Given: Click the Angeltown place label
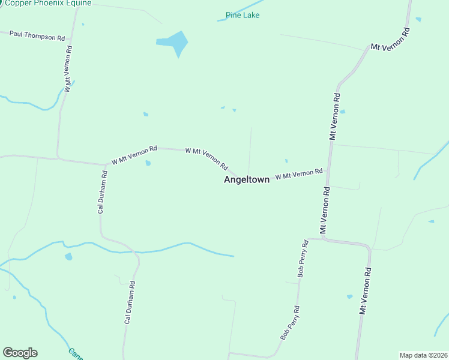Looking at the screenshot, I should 246,179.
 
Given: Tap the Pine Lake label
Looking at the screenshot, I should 243,15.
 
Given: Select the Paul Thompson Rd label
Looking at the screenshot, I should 37,36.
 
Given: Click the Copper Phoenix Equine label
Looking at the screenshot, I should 48,3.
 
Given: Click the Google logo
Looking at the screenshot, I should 20,353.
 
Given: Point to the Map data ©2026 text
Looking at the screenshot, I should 423,355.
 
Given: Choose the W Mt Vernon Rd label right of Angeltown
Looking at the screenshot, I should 299,175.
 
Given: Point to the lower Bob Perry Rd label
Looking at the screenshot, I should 290,323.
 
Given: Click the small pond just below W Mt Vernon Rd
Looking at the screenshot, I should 148,163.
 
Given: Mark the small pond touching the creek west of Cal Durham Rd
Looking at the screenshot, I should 68,257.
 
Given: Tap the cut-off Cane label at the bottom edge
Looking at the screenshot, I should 75,355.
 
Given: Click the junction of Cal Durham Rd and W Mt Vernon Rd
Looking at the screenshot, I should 106,164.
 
